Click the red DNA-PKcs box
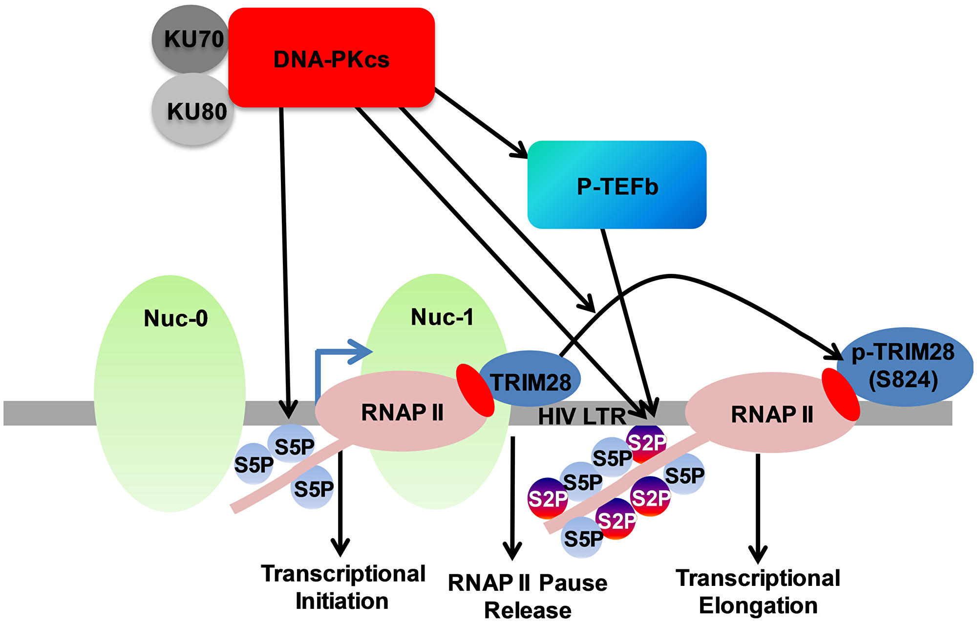(x=331, y=59)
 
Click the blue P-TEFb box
(x=616, y=186)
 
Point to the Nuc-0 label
(x=176, y=318)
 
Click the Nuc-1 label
(x=442, y=317)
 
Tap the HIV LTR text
(x=581, y=416)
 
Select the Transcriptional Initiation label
(x=343, y=587)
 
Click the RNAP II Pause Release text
(x=528, y=597)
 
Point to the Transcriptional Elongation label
(x=758, y=592)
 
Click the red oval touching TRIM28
(x=475, y=390)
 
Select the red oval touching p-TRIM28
(x=840, y=394)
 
